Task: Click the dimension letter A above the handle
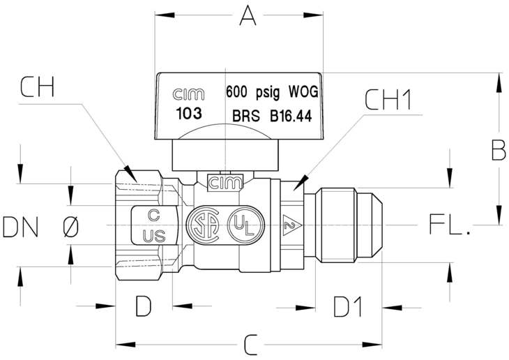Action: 248,15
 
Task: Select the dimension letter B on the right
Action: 499,150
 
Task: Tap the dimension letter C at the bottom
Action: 250,345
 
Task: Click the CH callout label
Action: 37,87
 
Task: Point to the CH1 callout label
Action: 388,100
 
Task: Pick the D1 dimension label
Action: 348,306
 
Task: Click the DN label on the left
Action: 20,227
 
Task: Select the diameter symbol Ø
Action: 70,227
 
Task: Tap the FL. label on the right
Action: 449,224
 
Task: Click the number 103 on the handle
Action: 188,114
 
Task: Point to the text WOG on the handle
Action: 303,92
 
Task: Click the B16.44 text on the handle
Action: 291,116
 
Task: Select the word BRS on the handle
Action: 246,116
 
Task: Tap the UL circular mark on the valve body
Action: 245,225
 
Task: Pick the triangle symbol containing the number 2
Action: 291,225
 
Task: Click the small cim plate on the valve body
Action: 225,183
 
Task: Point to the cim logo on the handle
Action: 188,94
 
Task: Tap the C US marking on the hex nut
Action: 154,226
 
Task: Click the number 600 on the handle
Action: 236,92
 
